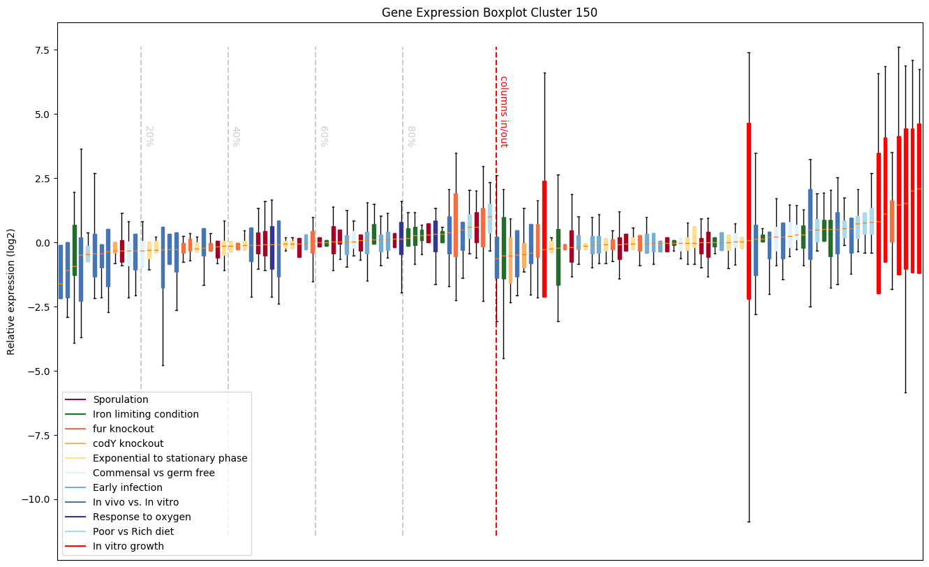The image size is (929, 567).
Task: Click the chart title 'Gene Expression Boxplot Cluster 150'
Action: point(489,13)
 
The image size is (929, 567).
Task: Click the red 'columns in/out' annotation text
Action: point(503,112)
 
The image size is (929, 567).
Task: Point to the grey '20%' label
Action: point(149,136)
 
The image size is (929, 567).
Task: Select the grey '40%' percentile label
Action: point(236,136)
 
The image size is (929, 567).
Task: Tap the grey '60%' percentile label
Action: point(323,136)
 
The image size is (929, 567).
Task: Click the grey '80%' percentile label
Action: point(410,136)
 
